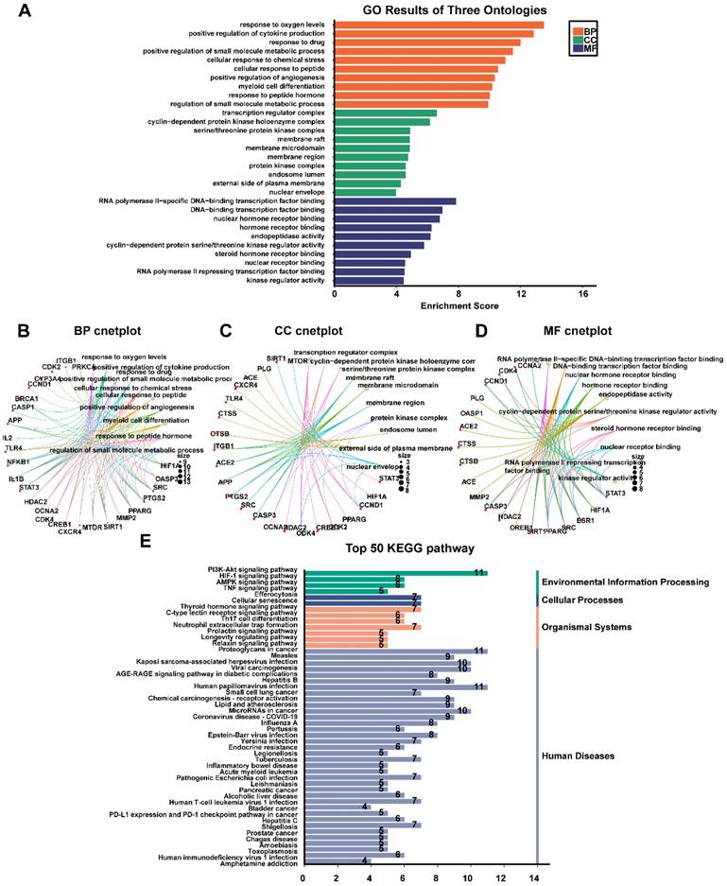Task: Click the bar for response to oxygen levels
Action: click(439, 25)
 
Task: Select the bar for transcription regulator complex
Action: click(385, 113)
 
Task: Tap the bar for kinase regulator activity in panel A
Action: click(369, 280)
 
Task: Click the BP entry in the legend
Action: click(589, 32)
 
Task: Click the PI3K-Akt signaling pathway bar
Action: click(392, 571)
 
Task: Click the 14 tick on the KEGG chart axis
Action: click(536, 877)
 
